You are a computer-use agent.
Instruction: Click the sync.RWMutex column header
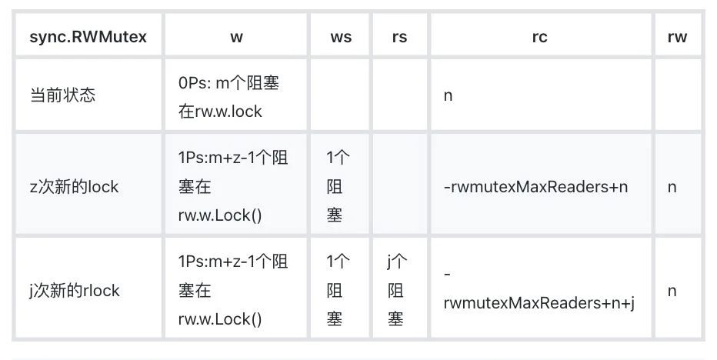click(x=88, y=37)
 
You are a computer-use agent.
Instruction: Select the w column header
click(x=236, y=37)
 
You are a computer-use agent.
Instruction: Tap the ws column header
click(x=341, y=37)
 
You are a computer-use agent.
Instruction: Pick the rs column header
click(x=399, y=37)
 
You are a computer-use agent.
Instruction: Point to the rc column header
click(x=539, y=37)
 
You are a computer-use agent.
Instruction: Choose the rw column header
click(x=677, y=37)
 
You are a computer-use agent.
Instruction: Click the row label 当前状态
click(x=62, y=95)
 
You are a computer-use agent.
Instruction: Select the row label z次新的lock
click(x=74, y=187)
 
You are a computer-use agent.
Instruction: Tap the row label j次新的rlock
click(x=74, y=291)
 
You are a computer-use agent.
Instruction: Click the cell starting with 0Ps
click(x=228, y=97)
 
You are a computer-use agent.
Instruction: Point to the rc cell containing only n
click(x=448, y=95)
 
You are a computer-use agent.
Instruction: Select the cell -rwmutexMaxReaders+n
click(x=535, y=187)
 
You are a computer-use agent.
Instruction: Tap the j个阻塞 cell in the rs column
click(x=396, y=290)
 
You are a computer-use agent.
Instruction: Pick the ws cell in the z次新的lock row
click(x=338, y=186)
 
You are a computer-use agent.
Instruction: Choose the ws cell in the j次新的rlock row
click(x=338, y=290)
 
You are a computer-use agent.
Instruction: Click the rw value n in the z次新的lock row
click(x=672, y=187)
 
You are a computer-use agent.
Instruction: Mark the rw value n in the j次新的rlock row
click(x=672, y=291)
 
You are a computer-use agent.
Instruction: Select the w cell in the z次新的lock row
click(x=233, y=186)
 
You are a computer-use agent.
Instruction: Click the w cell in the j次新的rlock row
click(x=233, y=290)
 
